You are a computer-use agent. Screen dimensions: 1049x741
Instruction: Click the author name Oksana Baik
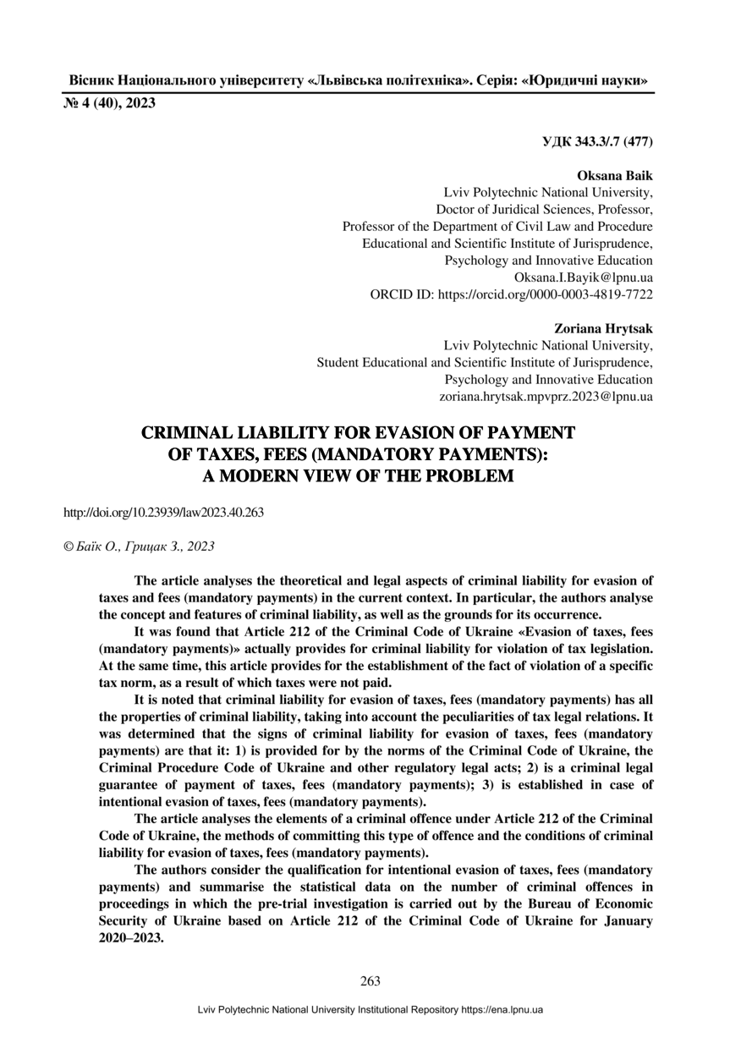(615, 176)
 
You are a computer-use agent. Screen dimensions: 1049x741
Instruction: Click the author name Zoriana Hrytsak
(603, 328)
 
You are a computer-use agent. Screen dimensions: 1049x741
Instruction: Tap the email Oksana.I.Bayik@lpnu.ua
(584, 277)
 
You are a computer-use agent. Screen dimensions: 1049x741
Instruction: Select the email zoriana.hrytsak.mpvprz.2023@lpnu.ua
(546, 396)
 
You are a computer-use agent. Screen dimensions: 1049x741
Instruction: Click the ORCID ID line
(512, 294)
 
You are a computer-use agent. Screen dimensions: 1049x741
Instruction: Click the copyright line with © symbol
(140, 546)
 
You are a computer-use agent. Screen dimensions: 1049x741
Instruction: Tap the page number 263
(370, 981)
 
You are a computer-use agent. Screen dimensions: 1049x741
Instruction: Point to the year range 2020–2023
(131, 939)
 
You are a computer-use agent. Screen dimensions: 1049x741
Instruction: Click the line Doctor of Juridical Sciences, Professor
(544, 210)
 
